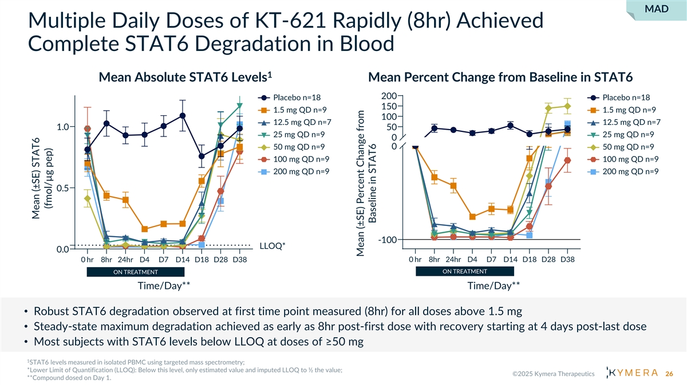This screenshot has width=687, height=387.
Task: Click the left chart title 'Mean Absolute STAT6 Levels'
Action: [184, 77]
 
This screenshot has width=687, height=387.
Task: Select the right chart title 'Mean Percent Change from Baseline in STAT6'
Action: [500, 77]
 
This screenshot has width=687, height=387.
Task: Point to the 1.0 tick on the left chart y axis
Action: [64, 127]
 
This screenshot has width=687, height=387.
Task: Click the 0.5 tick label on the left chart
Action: [64, 188]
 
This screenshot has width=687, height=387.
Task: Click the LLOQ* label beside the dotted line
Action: [273, 245]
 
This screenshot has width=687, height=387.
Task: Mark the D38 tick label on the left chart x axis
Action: [239, 260]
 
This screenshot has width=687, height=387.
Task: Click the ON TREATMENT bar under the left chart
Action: [135, 272]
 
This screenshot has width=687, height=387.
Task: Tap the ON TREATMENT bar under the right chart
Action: [465, 271]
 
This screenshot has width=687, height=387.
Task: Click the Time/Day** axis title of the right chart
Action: [493, 286]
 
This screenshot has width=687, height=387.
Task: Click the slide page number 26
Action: [669, 374]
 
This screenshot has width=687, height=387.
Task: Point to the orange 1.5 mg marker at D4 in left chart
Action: [144, 229]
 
